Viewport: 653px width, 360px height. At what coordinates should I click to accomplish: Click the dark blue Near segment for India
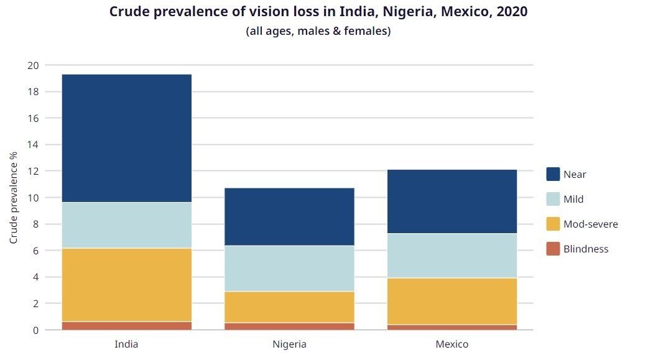click(x=127, y=138)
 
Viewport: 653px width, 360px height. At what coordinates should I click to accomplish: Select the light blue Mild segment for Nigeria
click(x=289, y=268)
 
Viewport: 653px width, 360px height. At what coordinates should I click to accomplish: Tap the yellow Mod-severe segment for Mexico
click(x=452, y=301)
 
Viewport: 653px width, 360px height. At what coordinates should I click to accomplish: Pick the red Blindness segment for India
click(x=127, y=326)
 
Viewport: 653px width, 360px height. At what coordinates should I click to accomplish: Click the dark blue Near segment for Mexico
click(x=452, y=201)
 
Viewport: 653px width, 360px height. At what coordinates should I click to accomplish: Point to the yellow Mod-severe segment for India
click(x=127, y=285)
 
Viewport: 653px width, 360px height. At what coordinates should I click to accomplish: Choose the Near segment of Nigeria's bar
click(x=289, y=216)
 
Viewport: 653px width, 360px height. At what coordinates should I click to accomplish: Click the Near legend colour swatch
click(x=553, y=174)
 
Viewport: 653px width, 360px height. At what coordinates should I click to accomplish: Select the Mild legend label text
click(x=573, y=200)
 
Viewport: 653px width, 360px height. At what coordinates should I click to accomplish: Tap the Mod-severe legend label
click(x=590, y=224)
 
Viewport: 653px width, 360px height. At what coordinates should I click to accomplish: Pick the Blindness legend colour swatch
click(x=553, y=249)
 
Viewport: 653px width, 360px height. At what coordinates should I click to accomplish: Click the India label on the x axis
click(x=127, y=344)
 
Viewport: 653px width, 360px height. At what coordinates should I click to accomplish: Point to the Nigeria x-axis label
click(x=289, y=344)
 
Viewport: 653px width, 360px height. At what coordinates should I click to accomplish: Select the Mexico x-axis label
click(x=452, y=344)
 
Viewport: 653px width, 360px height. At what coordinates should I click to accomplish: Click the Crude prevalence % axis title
click(x=14, y=198)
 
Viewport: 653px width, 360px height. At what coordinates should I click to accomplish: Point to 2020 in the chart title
click(x=512, y=12)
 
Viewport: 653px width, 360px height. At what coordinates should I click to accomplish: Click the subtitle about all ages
click(x=318, y=31)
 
